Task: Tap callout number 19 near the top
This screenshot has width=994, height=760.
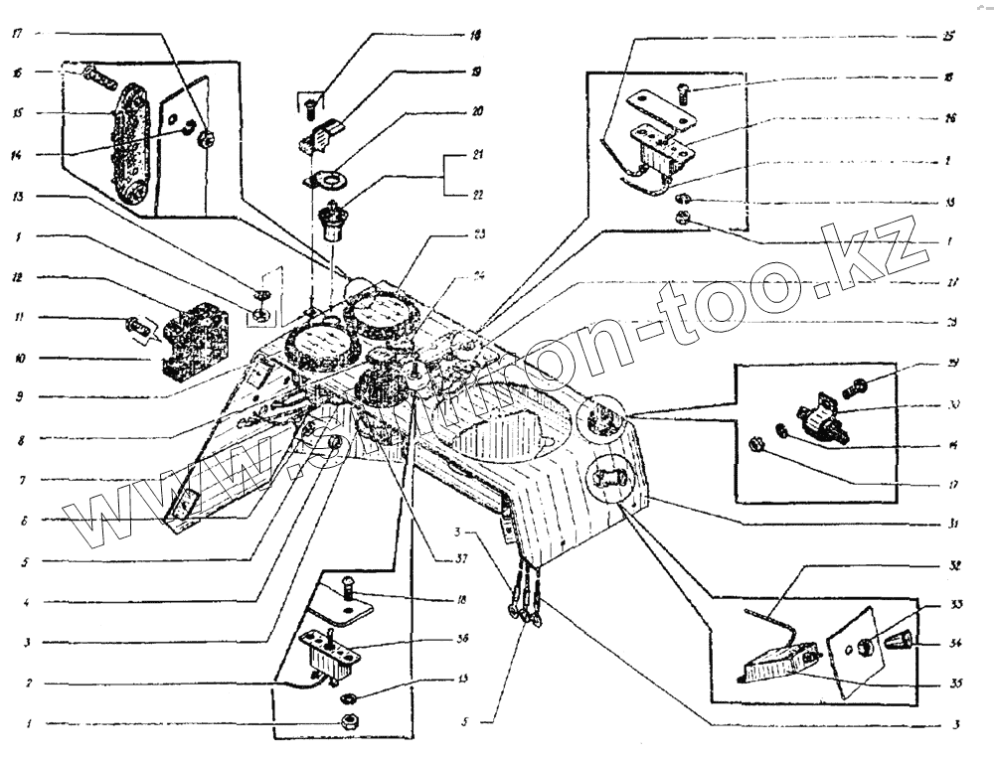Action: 478,73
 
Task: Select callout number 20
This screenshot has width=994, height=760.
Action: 478,112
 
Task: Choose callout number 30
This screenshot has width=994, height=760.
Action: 953,406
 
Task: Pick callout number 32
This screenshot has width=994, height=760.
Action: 953,564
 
